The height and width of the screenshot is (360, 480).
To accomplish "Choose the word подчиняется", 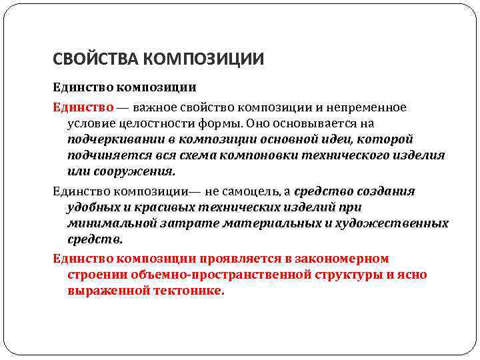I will click(x=103, y=155).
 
